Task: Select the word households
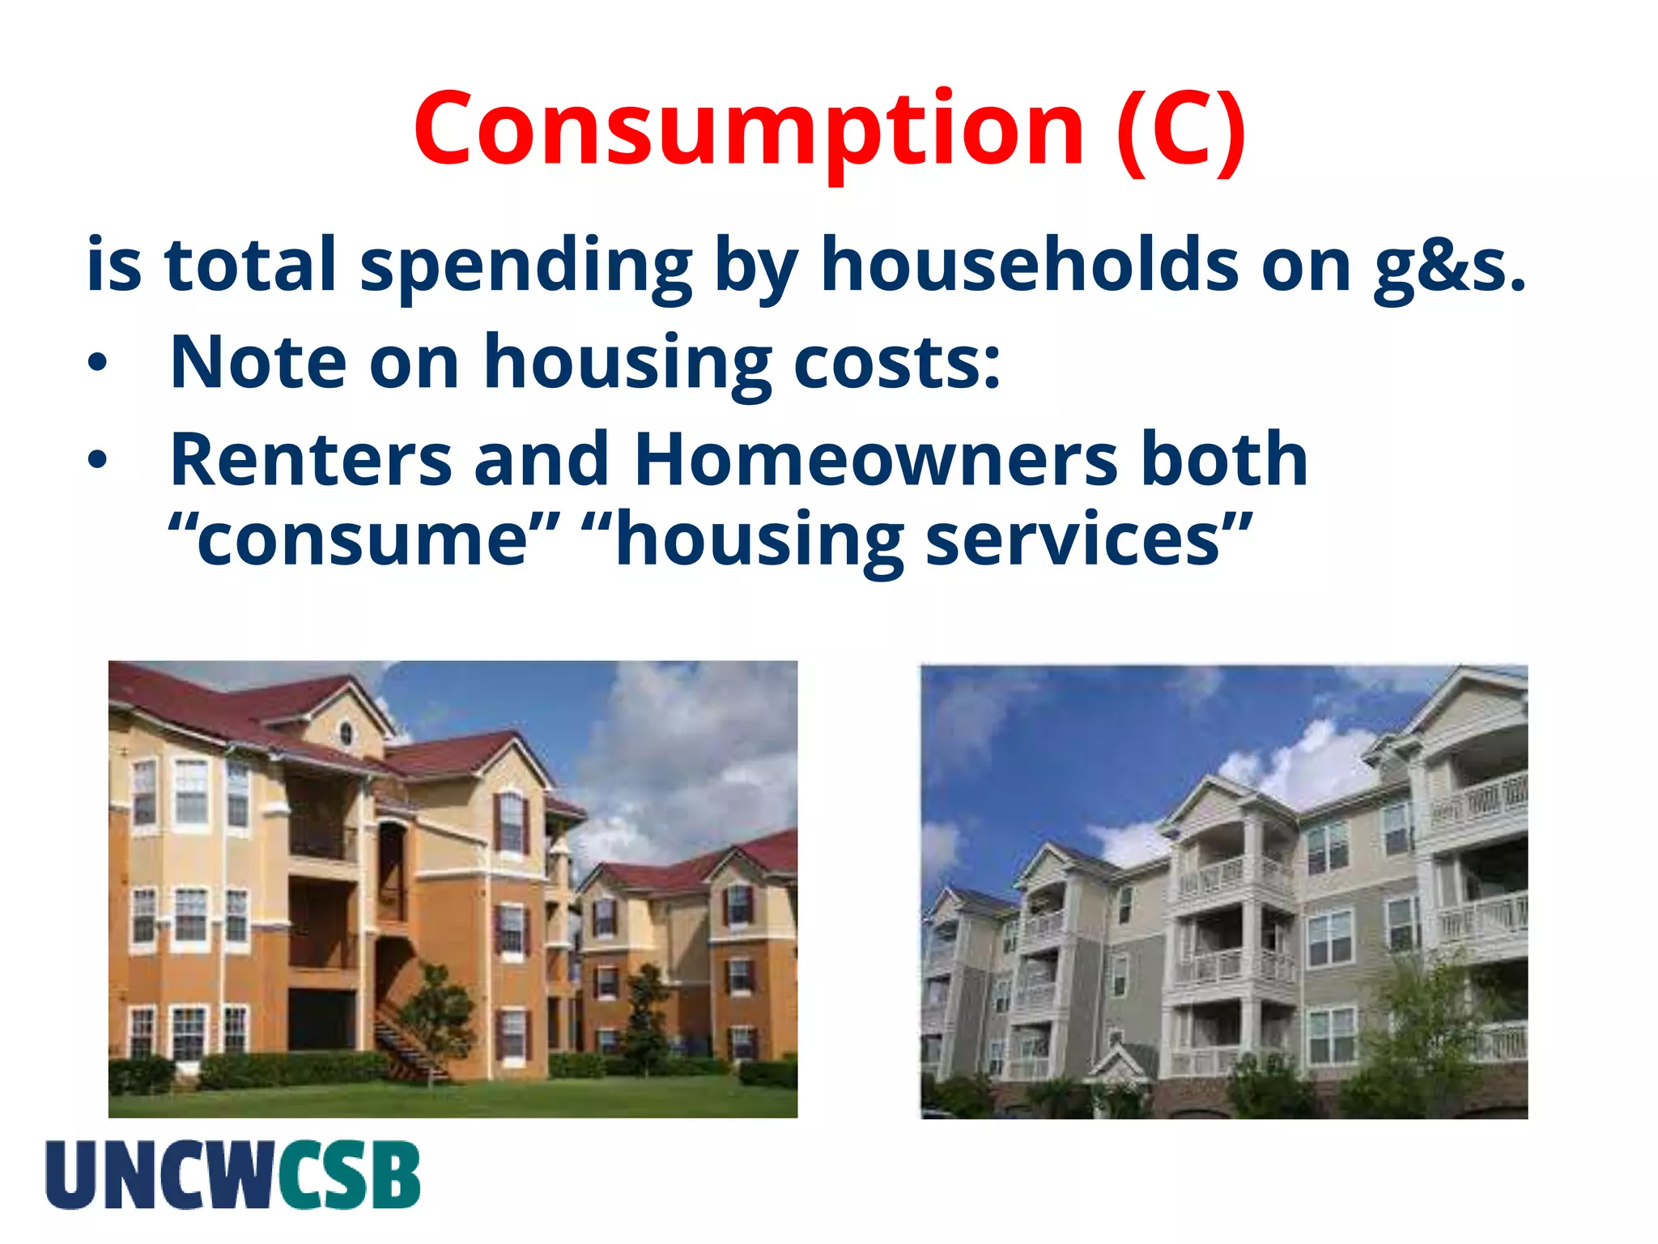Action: point(1029,266)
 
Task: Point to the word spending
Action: point(525,267)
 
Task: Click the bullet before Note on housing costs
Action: point(97,364)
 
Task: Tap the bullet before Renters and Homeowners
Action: point(97,461)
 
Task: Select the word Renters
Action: point(311,460)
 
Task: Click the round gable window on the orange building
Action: point(346,734)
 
